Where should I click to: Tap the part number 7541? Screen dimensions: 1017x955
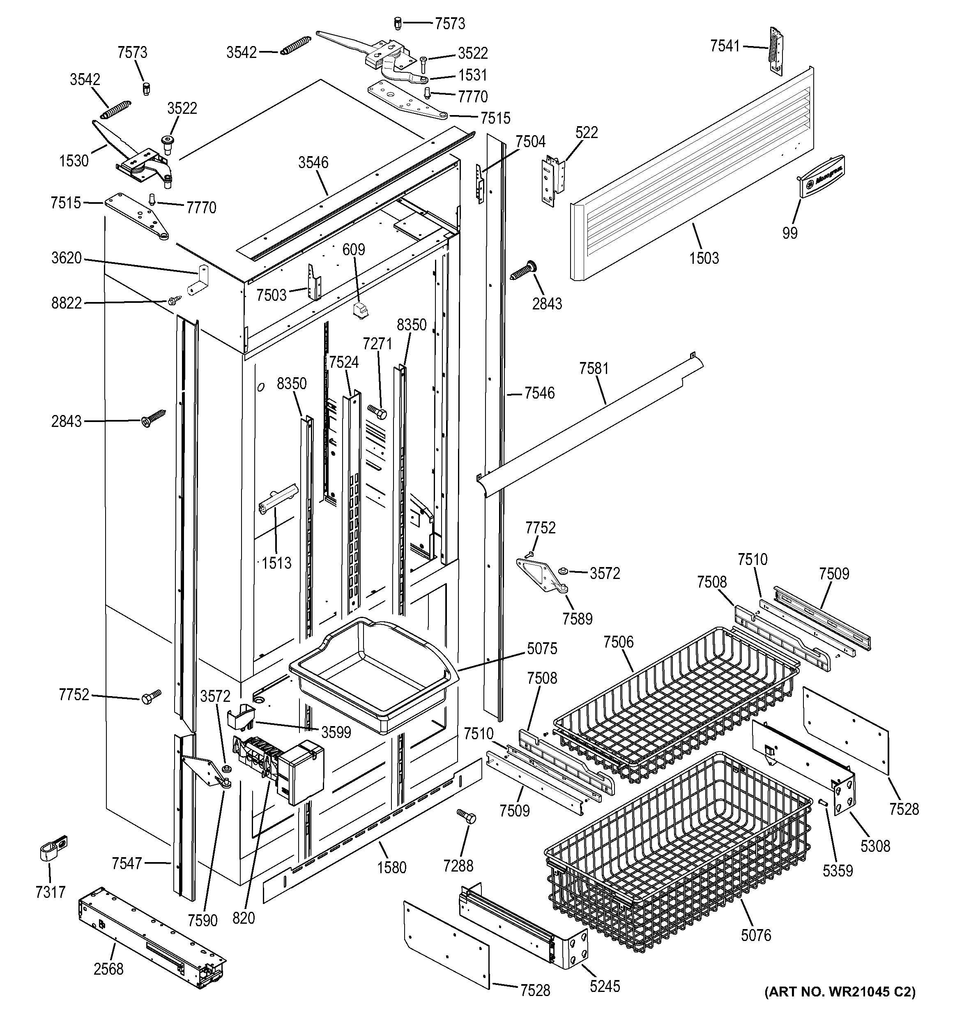pyautogui.click(x=725, y=46)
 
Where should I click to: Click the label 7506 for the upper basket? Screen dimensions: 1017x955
pyautogui.click(x=618, y=642)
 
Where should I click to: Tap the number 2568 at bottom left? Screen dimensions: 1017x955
pyautogui.click(x=108, y=969)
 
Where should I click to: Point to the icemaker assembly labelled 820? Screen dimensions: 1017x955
pyautogui.click(x=278, y=770)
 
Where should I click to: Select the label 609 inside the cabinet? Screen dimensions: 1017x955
pyautogui.click(x=353, y=250)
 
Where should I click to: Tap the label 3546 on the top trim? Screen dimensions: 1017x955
pyautogui.click(x=313, y=163)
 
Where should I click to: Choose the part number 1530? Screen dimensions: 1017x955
pyautogui.click(x=74, y=161)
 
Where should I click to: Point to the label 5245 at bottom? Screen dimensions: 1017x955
pyautogui.click(x=604, y=986)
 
